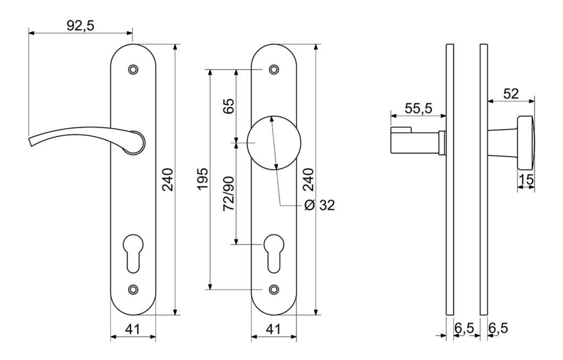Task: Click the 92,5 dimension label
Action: click(x=80, y=25)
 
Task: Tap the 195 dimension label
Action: click(x=202, y=179)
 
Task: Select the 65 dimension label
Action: click(x=228, y=106)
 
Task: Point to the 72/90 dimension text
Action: click(x=229, y=193)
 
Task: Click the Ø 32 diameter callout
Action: click(x=319, y=205)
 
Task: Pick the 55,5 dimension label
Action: click(x=418, y=108)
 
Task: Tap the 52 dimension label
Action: click(x=511, y=93)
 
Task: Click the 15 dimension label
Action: click(x=526, y=180)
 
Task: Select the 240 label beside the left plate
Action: click(x=168, y=180)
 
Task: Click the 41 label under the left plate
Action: click(x=133, y=329)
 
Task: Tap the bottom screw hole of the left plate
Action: click(x=133, y=289)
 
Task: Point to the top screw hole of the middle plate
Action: click(x=274, y=69)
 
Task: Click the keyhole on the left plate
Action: click(x=133, y=253)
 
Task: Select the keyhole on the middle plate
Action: click(x=274, y=253)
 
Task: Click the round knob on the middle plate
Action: click(x=274, y=142)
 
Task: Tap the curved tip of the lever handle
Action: click(x=30, y=140)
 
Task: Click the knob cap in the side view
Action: click(x=525, y=142)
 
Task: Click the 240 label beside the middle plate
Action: click(x=309, y=180)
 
